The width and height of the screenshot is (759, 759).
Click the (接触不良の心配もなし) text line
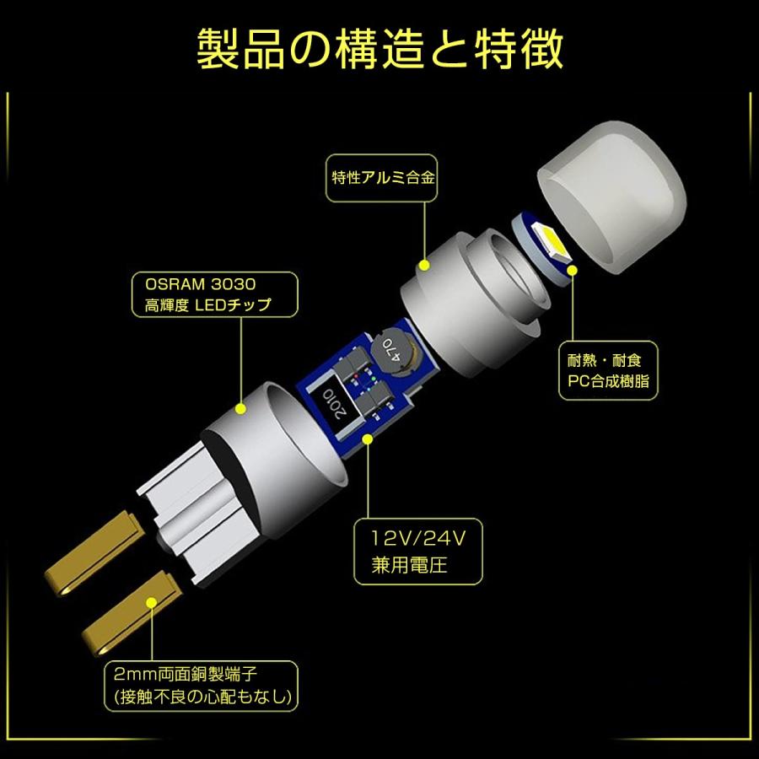point(202,698)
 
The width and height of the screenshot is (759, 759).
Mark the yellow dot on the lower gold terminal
point(152,601)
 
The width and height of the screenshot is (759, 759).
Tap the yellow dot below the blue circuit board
point(368,438)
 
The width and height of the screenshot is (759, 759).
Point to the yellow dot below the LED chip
point(573,271)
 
